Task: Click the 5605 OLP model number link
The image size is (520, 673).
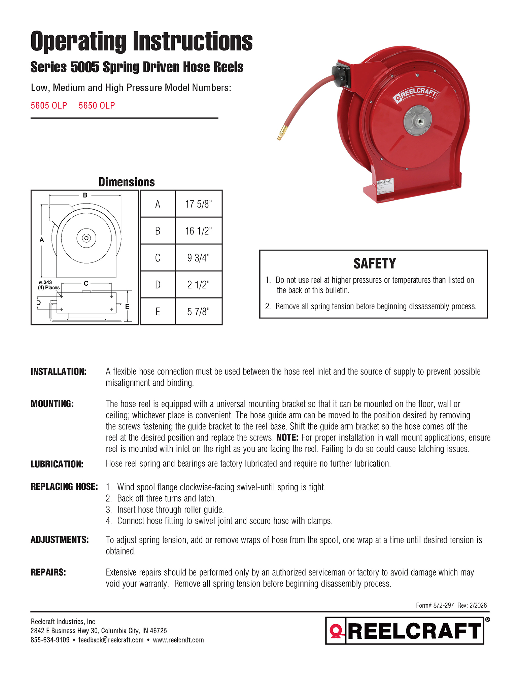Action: pyautogui.click(x=49, y=106)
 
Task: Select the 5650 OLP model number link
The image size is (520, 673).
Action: pyautogui.click(x=97, y=106)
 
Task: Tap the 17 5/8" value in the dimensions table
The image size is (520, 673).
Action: pyautogui.click(x=199, y=204)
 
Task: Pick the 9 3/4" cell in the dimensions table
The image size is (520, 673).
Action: pyautogui.click(x=199, y=258)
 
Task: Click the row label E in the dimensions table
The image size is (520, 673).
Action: pyautogui.click(x=158, y=312)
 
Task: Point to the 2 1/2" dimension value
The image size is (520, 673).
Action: pyautogui.click(x=199, y=285)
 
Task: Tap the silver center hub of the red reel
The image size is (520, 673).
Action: pyautogui.click(x=418, y=120)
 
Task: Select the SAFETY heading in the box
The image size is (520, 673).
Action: pyautogui.click(x=374, y=263)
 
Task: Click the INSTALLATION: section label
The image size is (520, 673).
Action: pyautogui.click(x=59, y=371)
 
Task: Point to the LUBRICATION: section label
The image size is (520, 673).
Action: pyautogui.click(x=57, y=464)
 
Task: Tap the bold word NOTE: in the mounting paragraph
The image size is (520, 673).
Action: pyautogui.click(x=287, y=437)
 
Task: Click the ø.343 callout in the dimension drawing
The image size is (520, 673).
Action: pyautogui.click(x=45, y=282)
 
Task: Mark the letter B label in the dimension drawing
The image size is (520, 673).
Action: pyautogui.click(x=85, y=195)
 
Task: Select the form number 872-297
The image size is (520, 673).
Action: pyautogui.click(x=444, y=605)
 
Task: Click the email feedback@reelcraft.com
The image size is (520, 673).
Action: pyautogui.click(x=111, y=640)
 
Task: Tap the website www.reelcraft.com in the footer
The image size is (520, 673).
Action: pyautogui.click(x=178, y=640)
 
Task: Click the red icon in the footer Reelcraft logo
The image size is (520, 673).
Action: pyautogui.click(x=336, y=631)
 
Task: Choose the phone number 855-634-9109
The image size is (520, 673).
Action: pyautogui.click(x=50, y=640)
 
